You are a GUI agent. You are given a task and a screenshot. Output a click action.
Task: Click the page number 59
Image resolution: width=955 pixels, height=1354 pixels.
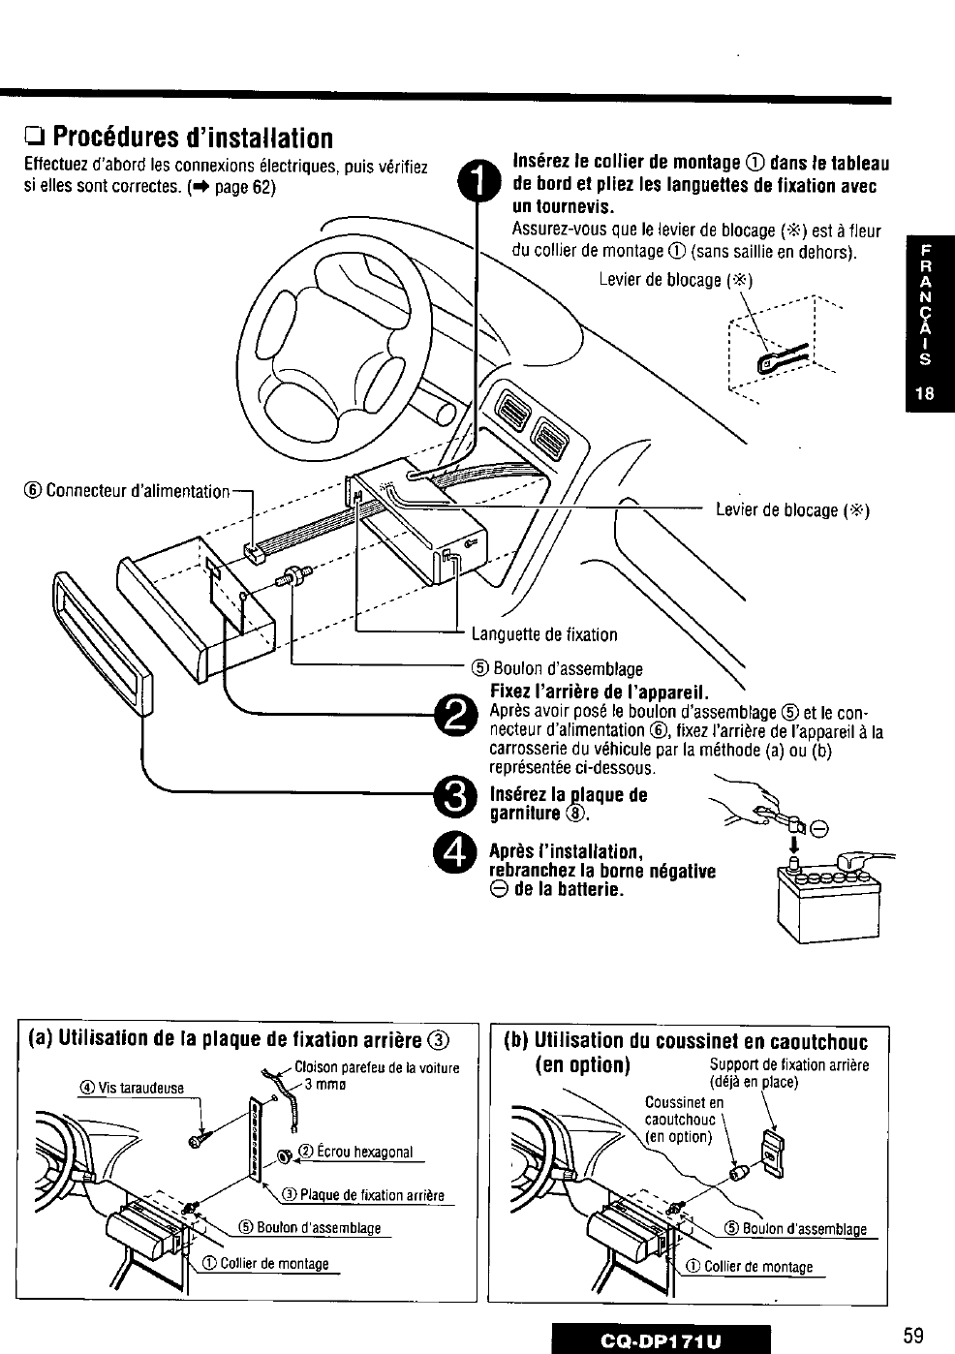click(x=912, y=1336)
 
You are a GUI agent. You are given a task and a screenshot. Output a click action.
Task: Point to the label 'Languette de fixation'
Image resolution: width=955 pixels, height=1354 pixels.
click(x=544, y=635)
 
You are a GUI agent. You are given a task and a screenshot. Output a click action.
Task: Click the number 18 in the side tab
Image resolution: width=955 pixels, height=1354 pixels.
click(x=926, y=394)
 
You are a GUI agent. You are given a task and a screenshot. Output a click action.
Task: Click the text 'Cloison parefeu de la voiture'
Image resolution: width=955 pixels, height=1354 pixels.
click(x=377, y=1068)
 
